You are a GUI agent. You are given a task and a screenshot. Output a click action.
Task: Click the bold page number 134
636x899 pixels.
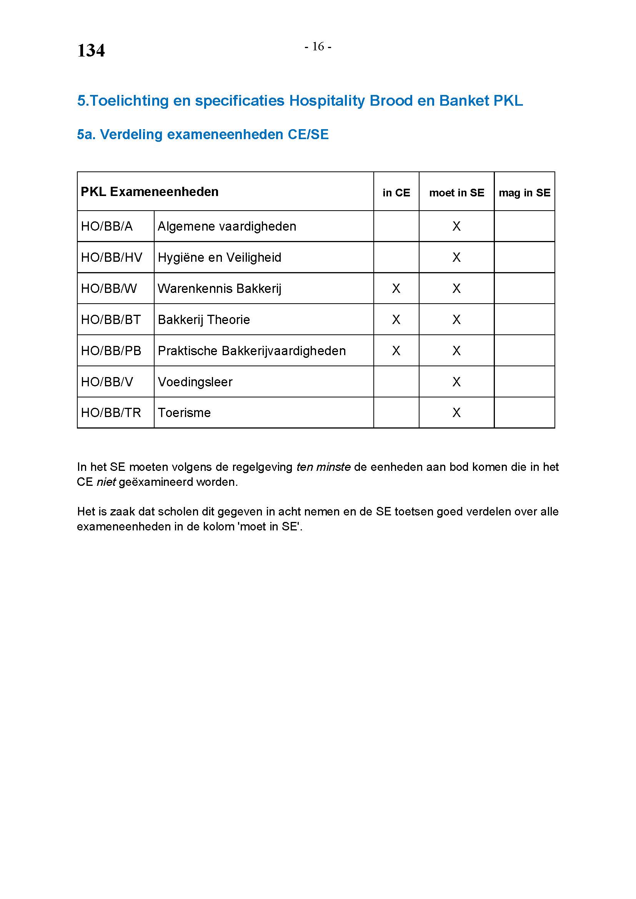(x=91, y=51)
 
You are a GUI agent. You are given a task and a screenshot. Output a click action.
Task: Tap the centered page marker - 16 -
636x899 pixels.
(x=318, y=47)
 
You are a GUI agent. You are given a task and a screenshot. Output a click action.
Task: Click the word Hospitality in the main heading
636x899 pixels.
(x=326, y=101)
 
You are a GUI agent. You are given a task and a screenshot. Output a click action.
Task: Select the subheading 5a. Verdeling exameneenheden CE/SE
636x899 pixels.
(x=203, y=135)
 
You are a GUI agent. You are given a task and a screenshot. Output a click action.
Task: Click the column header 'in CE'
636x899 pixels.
(x=396, y=193)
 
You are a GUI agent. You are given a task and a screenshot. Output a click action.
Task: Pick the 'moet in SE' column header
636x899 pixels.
(x=456, y=193)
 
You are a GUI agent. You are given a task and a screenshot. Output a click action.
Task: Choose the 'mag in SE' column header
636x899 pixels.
(x=524, y=193)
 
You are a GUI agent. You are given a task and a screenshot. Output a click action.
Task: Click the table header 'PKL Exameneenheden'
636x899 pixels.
(x=150, y=192)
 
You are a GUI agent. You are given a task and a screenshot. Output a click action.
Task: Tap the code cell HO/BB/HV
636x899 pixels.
(x=112, y=258)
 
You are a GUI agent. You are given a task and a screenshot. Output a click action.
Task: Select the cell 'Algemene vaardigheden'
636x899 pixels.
(x=227, y=226)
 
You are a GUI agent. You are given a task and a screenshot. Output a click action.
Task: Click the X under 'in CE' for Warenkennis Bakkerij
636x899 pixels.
(x=396, y=289)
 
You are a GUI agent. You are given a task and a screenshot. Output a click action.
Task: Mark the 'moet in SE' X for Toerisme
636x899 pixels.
(x=456, y=413)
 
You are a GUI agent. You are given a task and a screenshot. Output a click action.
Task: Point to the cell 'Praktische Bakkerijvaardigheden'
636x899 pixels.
(x=251, y=351)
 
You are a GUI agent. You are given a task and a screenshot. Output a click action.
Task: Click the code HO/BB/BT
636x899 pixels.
(x=111, y=320)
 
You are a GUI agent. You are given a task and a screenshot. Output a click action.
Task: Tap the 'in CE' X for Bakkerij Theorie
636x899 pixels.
(x=396, y=320)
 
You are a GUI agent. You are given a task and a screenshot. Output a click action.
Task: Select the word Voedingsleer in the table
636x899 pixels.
(x=195, y=382)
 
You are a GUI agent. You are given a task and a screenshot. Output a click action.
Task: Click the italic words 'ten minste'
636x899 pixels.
(x=323, y=467)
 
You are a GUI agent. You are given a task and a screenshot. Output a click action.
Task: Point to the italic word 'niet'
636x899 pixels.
(x=106, y=482)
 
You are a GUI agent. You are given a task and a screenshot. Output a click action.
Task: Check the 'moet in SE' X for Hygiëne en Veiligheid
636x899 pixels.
(x=456, y=258)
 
